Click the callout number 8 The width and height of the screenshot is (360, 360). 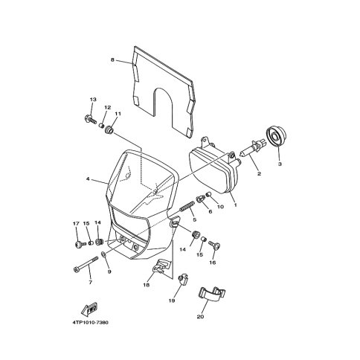tap(112, 60)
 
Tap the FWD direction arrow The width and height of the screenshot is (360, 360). tap(89, 309)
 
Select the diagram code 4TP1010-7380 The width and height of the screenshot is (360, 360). tap(91, 323)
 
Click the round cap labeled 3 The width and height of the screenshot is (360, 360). tap(276, 137)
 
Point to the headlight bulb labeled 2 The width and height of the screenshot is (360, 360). tap(253, 150)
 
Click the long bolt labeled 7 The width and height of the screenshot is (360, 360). tap(86, 264)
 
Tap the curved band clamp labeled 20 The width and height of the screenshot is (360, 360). tap(212, 294)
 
